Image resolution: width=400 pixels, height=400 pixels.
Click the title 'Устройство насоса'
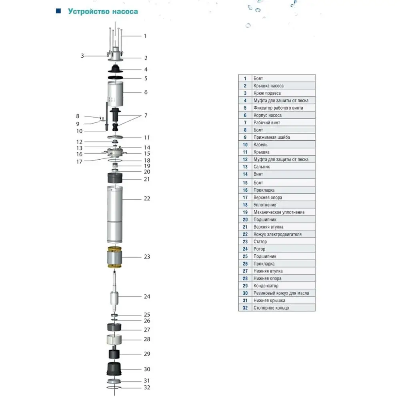(103, 11)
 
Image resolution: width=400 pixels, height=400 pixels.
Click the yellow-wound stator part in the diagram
(114, 258)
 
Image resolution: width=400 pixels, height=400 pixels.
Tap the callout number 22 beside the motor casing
(147, 198)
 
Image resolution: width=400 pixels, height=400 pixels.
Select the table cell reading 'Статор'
(260, 242)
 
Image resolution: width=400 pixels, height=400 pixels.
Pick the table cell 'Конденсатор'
(266, 286)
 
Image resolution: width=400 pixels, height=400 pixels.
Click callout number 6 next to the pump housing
(146, 92)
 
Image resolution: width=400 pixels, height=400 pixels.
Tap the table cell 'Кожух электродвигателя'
(277, 234)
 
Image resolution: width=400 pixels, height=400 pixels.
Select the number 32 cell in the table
(245, 308)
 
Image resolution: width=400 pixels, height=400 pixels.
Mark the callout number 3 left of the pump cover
(82, 56)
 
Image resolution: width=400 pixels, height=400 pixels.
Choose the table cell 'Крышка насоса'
(268, 86)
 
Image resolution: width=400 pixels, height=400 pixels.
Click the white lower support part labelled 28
(114, 340)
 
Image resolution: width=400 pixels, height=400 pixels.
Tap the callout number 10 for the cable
(79, 131)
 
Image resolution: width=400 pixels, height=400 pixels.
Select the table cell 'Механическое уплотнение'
(279, 212)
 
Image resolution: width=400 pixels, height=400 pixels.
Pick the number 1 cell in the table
(245, 78)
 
